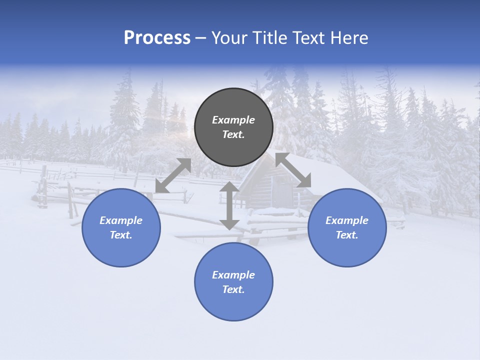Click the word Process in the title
(157, 38)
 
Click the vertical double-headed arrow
(229, 205)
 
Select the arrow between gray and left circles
(173, 175)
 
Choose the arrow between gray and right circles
(293, 170)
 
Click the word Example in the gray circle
(233, 120)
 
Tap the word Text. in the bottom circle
(233, 289)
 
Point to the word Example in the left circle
(121, 220)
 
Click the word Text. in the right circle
(347, 235)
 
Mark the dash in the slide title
(200, 38)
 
